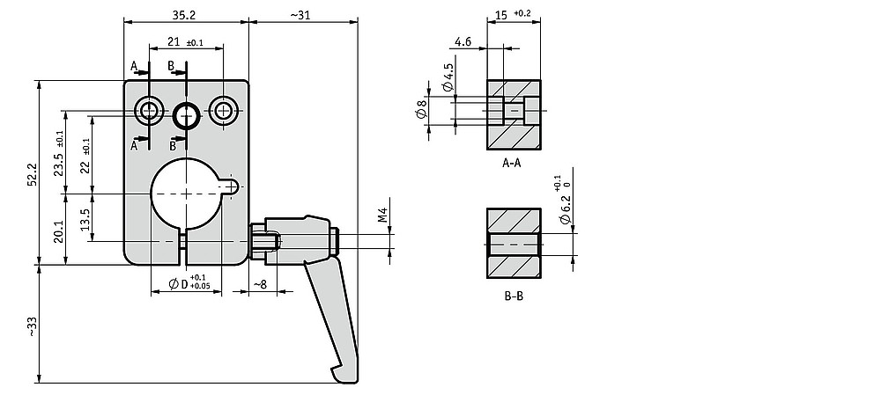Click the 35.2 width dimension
click(x=184, y=15)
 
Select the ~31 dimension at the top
click(x=300, y=15)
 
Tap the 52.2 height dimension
click(x=32, y=174)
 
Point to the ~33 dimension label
click(x=32, y=326)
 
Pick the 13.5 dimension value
click(x=85, y=220)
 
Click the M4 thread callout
click(x=382, y=215)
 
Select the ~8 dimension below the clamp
click(x=260, y=284)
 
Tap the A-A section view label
click(x=512, y=164)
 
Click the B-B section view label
click(x=513, y=296)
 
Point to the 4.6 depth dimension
click(x=463, y=41)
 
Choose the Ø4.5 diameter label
click(x=448, y=77)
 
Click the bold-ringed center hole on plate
click(x=187, y=116)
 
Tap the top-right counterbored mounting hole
click(x=224, y=111)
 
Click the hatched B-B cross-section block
click(x=514, y=243)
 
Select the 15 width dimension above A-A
click(x=502, y=15)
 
